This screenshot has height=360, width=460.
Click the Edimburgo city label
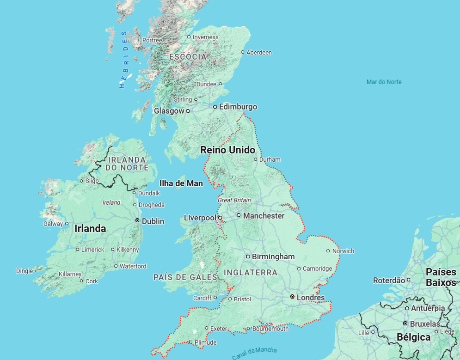pos(238,107)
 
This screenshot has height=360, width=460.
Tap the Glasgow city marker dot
pos(188,111)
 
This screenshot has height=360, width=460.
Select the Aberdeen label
pos(259,53)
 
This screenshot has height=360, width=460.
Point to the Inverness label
pos(205,37)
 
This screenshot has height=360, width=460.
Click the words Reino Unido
pos(227,150)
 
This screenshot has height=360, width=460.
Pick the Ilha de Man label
pos(181,183)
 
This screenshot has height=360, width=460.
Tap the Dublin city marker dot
pos(137,221)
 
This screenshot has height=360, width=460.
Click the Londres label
pos(310,298)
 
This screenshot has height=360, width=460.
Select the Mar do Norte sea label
pos(384,82)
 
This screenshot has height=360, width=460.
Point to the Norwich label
pos(343,251)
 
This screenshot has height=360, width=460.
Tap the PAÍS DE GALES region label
pos(185,277)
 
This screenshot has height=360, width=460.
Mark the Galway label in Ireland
pos(53,224)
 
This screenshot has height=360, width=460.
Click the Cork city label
pos(92,281)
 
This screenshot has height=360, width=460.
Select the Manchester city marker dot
pos(239,215)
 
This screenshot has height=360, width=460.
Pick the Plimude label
pos(205,342)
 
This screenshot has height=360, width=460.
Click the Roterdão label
pos(388,280)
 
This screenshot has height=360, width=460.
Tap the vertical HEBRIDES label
pos(123,59)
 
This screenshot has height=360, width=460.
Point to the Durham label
pos(270,159)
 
